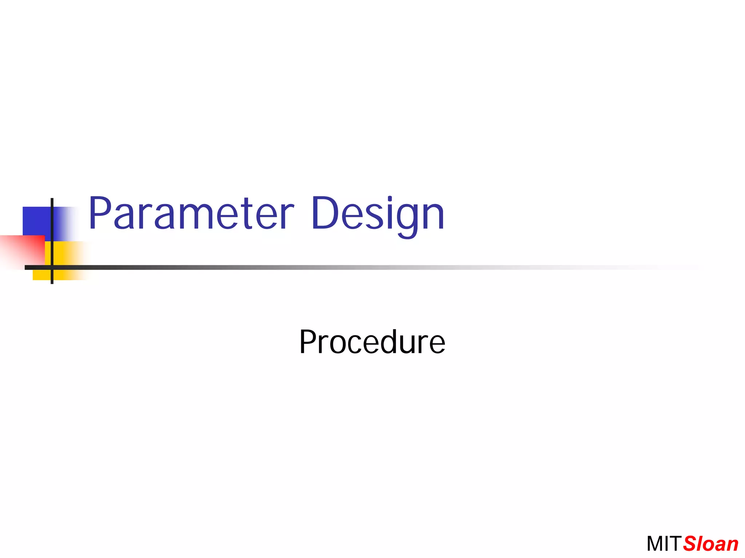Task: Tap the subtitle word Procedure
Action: pos(372,342)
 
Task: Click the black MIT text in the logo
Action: pos(663,544)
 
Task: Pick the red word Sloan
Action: pos(710,544)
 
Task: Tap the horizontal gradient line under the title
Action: pos(327,267)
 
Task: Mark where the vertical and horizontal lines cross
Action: pos(52,267)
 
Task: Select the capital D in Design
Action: pos(325,214)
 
